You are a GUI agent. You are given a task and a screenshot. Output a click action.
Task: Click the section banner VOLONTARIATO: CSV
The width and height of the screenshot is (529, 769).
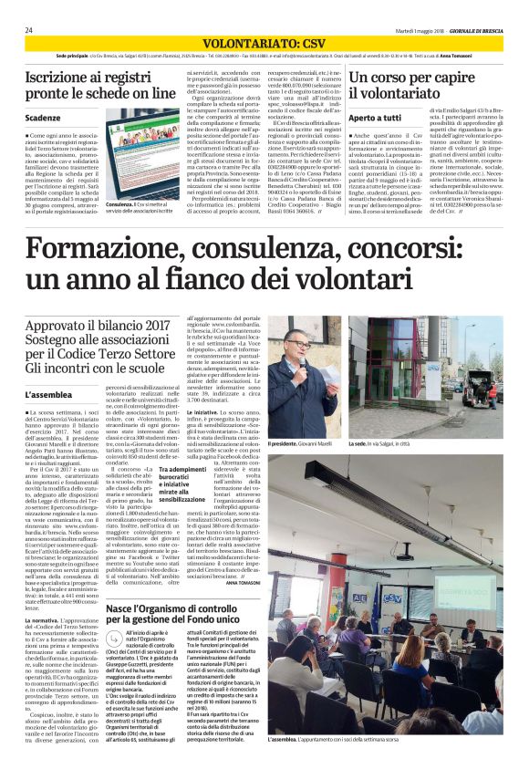(x=264, y=43)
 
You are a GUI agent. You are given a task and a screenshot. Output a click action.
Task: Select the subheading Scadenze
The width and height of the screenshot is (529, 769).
(x=44, y=118)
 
